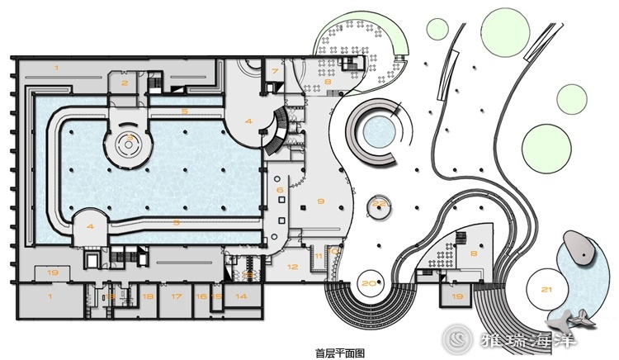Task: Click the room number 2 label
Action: point(125,83)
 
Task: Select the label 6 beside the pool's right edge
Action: point(280,191)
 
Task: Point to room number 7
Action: point(275,72)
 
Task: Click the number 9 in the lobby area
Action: point(321,201)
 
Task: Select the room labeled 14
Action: point(241,295)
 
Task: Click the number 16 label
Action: point(201,295)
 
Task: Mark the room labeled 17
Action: point(176,295)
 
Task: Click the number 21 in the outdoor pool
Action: point(546,289)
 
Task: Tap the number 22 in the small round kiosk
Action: point(380,202)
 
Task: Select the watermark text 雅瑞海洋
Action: point(528,339)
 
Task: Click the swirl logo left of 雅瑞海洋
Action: point(456,338)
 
